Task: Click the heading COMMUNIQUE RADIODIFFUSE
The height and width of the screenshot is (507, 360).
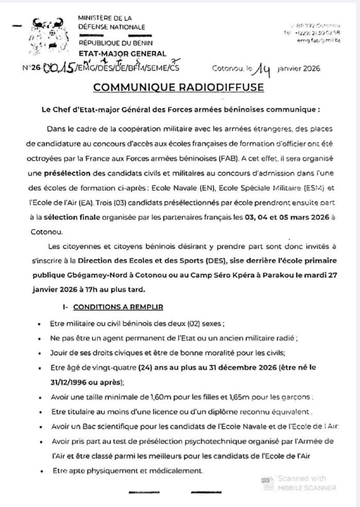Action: (x=179, y=87)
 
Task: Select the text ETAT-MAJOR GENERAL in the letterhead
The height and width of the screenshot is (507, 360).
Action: (x=122, y=54)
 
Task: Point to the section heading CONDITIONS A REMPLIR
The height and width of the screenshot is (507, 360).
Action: (x=118, y=307)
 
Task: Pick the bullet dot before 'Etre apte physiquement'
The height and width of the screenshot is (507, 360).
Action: (x=41, y=471)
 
